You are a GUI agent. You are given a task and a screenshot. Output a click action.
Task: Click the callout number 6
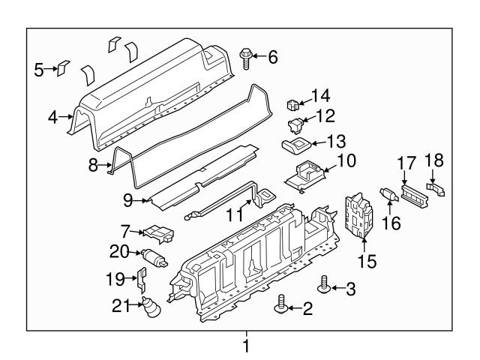[273, 56]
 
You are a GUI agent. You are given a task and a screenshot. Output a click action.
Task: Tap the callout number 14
[321, 96]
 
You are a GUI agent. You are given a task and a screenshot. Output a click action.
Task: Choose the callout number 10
[346, 160]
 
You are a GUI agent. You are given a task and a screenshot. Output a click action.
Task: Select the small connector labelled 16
[389, 195]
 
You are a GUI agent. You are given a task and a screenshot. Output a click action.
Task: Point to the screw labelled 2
[282, 303]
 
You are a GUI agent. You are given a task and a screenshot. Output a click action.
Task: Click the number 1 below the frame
[244, 346]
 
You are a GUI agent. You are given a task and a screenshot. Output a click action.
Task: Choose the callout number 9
[127, 199]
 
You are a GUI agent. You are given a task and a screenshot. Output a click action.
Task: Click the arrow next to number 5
[55, 70]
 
